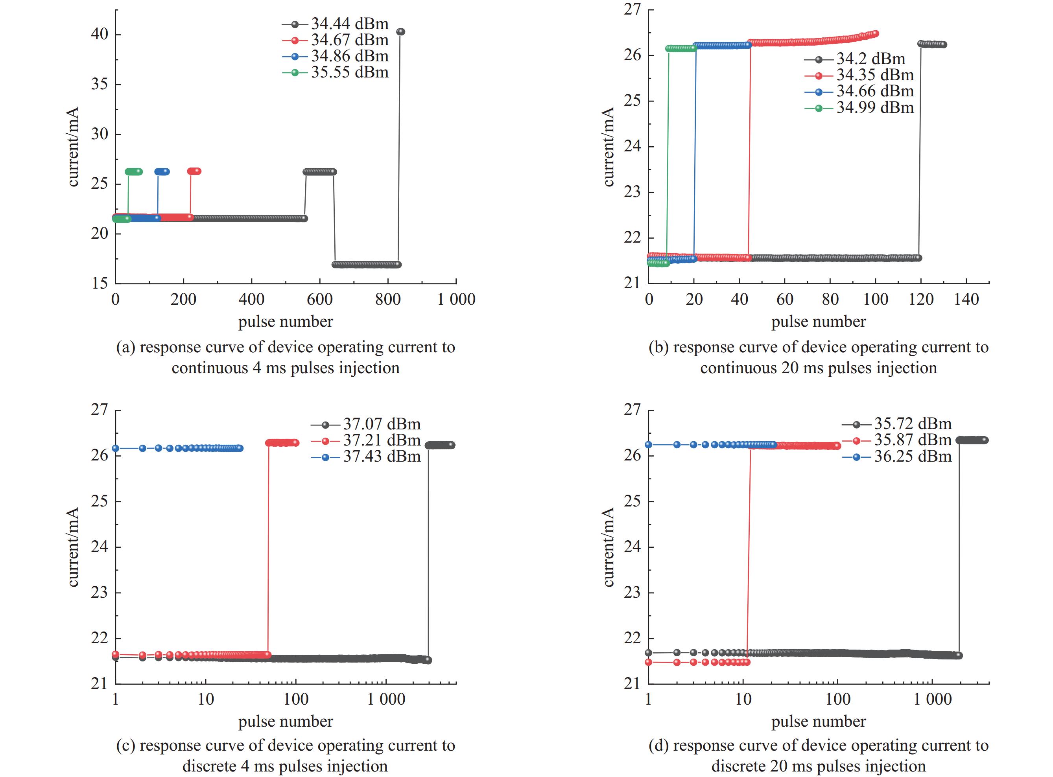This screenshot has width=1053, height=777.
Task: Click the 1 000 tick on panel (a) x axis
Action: pos(456,300)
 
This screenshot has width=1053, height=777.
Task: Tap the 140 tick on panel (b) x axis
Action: pos(966,300)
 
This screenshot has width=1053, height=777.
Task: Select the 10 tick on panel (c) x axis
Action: pos(206,700)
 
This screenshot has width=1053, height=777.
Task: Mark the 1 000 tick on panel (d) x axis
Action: pos(932,700)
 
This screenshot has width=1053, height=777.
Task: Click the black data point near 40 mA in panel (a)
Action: pos(401,32)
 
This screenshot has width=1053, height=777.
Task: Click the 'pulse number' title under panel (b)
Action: pos(818,322)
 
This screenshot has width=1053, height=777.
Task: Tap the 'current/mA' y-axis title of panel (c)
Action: pos(73,547)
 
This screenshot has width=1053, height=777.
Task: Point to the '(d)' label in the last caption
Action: pos(659,746)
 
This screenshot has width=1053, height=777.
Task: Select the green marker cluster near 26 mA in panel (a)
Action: pos(134,172)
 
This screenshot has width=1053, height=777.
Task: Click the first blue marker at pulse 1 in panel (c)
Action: pos(115,448)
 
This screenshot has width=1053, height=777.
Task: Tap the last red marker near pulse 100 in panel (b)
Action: pos(875,33)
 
